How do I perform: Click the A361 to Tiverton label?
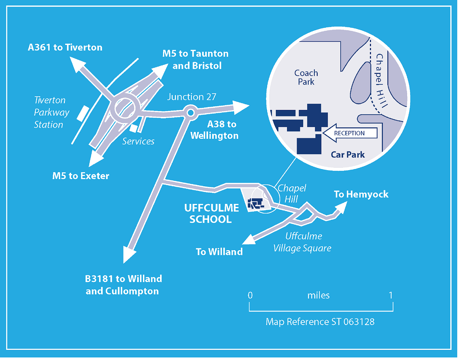pos(65,47)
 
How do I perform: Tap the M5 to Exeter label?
pos(81,176)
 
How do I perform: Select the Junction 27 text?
pos(191,97)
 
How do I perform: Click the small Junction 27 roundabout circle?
pos(190,113)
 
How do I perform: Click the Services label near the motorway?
pos(138,141)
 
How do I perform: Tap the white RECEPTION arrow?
pos(349,133)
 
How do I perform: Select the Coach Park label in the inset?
pos(306,77)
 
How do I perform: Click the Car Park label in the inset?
pos(348,155)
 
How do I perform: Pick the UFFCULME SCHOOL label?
pos(211,213)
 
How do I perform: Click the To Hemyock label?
pos(361,194)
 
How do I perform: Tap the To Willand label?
pos(219,252)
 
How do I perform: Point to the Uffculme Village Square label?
pos(303,242)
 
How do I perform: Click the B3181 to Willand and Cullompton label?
pos(123,285)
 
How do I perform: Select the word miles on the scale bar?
pos(318,295)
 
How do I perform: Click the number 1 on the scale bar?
pos(390,295)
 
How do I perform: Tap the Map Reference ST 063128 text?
pos(320,321)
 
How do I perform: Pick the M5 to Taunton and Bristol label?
pos(196,59)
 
